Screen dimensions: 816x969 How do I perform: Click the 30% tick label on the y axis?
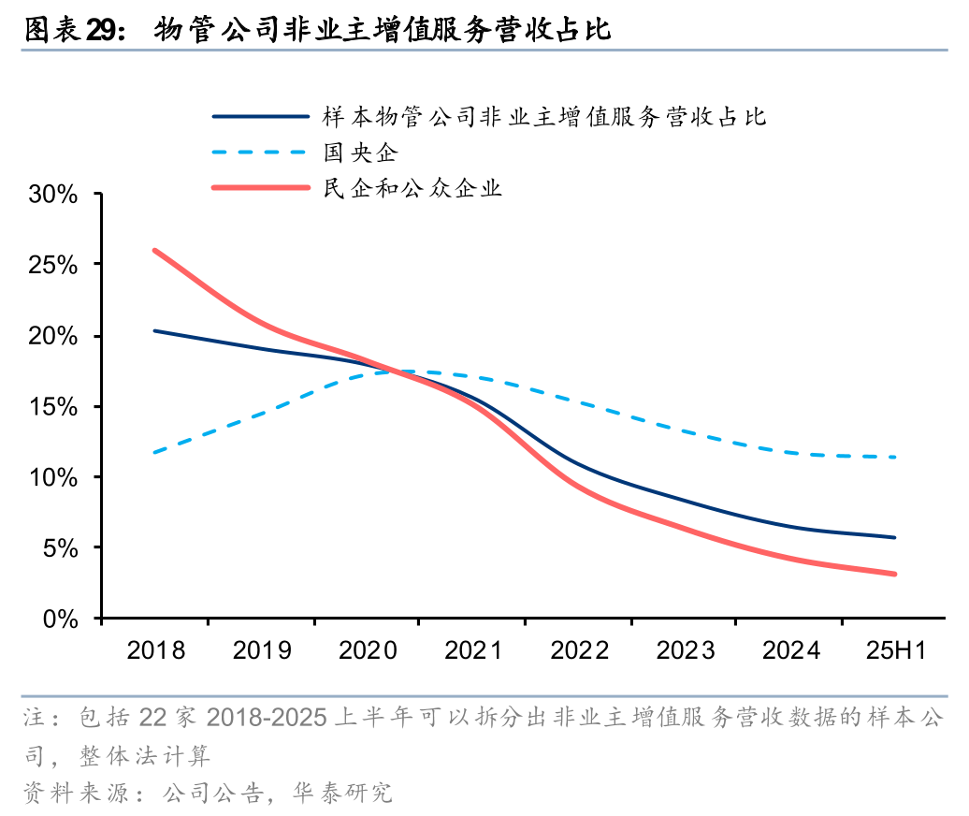tap(52, 195)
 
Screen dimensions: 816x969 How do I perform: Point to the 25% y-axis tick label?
tap(52, 265)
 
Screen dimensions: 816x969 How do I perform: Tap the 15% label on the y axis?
tap(52, 407)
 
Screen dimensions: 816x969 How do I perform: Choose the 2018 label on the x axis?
tap(155, 650)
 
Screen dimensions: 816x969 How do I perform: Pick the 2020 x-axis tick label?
tap(368, 650)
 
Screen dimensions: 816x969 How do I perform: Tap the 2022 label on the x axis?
tap(579, 650)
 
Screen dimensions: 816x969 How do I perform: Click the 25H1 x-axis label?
tap(895, 650)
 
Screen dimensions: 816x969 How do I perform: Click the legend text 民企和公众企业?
tap(412, 188)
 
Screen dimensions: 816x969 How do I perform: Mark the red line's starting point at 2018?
tap(154, 250)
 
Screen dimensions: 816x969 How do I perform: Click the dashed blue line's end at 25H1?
tap(895, 458)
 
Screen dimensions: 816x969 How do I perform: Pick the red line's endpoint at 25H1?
tap(895, 574)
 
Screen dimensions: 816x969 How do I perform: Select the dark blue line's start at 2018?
tap(154, 330)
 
